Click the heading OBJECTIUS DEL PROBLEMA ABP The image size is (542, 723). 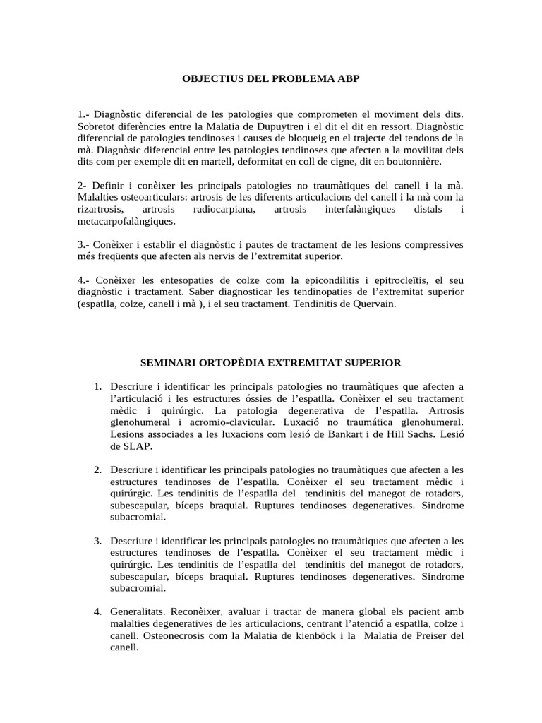coord(271,79)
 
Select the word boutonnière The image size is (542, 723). coord(413,161)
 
